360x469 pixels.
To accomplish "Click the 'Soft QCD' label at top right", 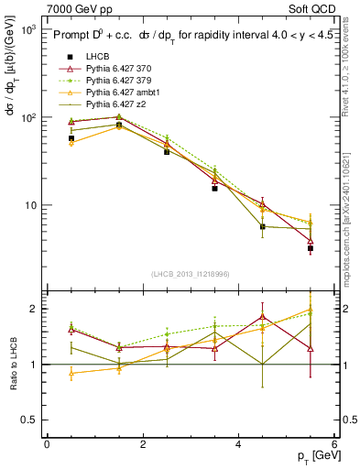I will [313, 8].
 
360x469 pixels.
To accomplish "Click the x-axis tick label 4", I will [239, 444].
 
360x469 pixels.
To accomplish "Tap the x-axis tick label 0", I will [47, 444].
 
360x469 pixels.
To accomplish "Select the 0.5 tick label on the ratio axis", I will [29, 420].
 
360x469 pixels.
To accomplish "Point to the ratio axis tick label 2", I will [34, 309].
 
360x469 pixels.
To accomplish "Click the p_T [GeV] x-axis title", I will [314, 456].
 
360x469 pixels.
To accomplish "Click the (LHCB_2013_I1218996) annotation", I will [191, 274].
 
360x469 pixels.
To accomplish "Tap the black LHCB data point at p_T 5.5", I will [311, 248].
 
